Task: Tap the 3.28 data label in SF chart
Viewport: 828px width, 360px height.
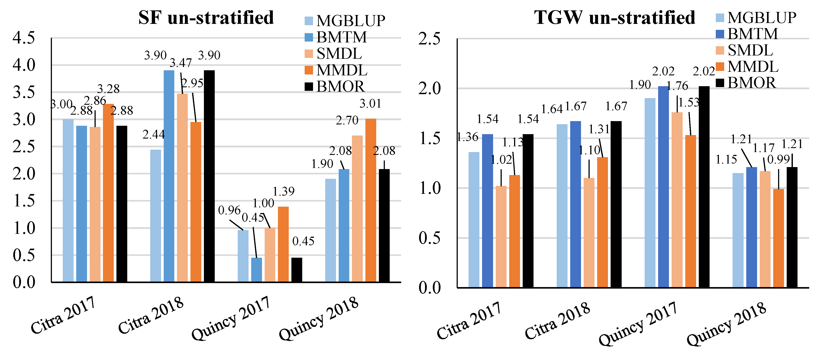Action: tap(108, 89)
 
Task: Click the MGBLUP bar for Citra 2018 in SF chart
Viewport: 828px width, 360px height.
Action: tap(156, 216)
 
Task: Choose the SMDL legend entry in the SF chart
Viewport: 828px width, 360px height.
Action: tap(333, 54)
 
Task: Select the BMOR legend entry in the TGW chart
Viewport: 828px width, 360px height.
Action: tap(746, 83)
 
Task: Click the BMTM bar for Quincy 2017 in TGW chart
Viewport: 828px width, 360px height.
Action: tap(663, 187)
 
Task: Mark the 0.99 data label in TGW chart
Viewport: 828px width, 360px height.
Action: tap(778, 159)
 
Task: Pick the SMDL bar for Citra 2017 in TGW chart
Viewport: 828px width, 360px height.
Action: tap(501, 236)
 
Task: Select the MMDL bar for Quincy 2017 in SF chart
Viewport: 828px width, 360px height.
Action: tap(283, 244)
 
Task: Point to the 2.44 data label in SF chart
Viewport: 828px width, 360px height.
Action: tap(154, 135)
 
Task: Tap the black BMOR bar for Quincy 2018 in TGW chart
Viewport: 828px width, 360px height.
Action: tap(792, 227)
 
